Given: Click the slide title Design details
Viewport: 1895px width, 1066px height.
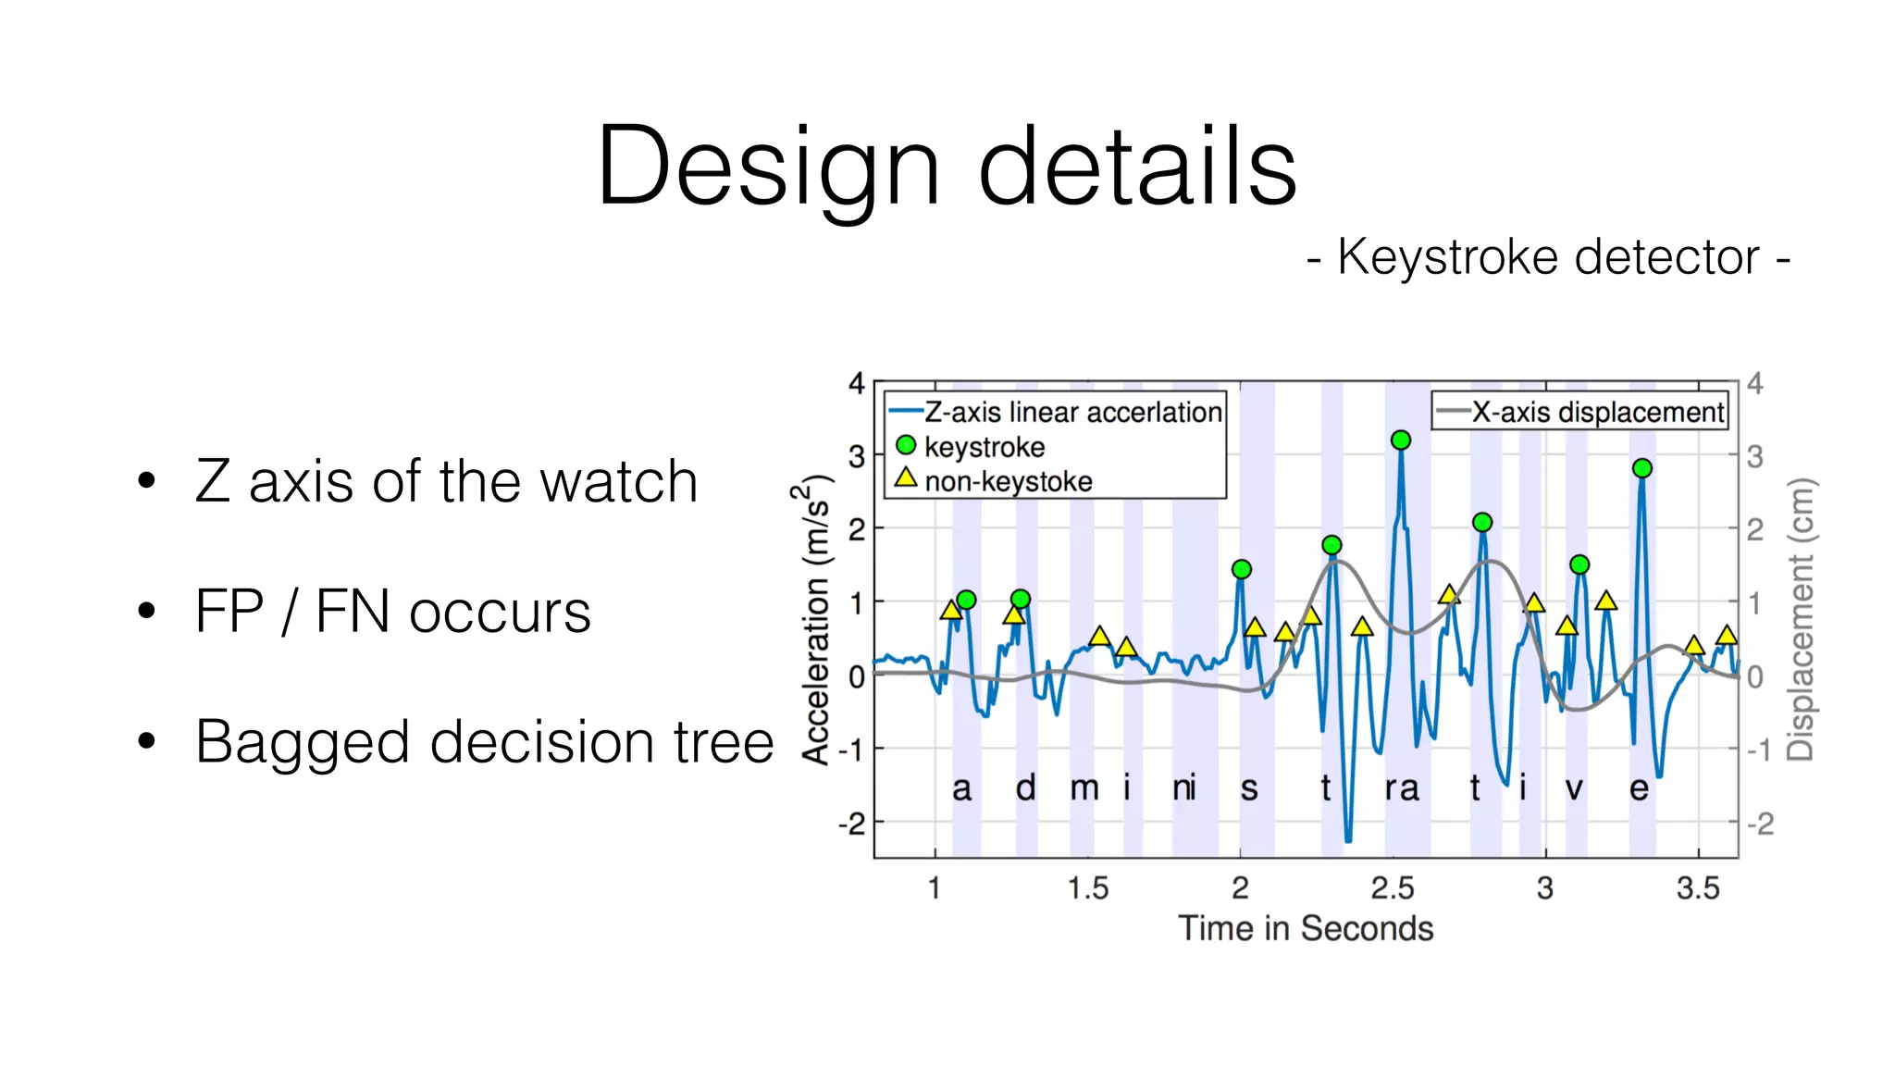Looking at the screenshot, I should (947, 167).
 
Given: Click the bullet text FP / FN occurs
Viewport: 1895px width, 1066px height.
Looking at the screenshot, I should (392, 612).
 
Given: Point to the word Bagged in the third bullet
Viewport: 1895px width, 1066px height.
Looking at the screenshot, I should (302, 743).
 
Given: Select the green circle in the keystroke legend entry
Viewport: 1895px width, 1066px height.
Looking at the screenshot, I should (906, 446).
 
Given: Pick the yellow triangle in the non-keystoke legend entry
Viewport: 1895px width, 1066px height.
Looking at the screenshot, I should (906, 478).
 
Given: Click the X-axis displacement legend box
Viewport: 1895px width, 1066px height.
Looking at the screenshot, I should (1580, 411).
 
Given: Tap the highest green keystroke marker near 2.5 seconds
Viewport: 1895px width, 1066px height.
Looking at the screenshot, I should (1401, 440).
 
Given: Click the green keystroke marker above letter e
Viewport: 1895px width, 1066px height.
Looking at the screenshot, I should (1642, 468).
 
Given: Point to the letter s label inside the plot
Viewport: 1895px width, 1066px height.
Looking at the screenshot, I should (1249, 789).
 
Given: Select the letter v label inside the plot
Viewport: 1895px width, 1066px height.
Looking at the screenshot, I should (1574, 789).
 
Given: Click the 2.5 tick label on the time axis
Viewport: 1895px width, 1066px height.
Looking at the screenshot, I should (1392, 888).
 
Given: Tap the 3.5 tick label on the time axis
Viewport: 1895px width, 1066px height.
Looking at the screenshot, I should (1698, 888).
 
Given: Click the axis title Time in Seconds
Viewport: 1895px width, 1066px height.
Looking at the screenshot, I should (1305, 928).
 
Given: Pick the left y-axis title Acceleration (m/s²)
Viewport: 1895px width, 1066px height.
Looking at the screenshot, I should (815, 620).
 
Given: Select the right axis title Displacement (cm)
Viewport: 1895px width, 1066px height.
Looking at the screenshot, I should (1801, 620).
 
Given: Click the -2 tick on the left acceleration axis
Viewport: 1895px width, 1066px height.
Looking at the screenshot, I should (851, 823).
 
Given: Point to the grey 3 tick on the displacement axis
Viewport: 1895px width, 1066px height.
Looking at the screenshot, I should (1754, 456).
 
